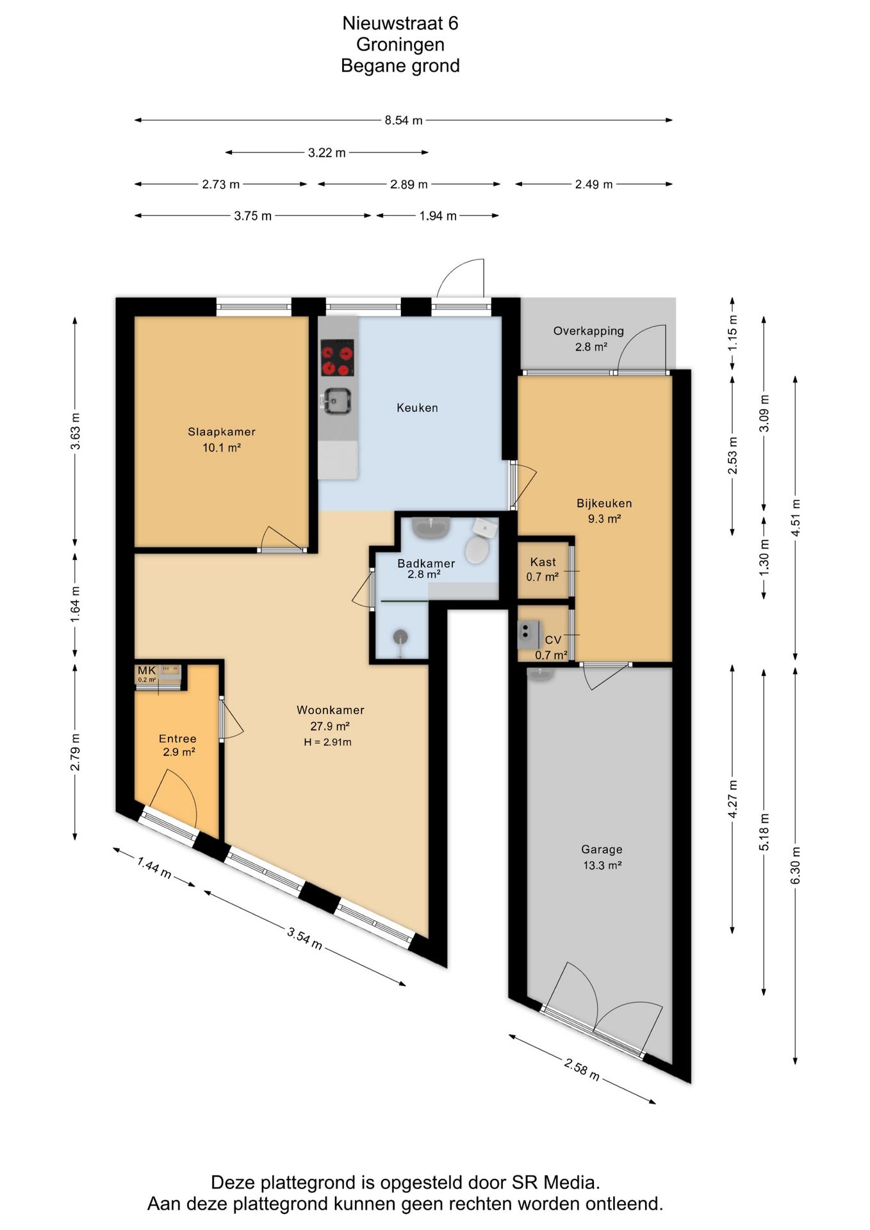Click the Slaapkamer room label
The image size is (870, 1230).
(x=222, y=432)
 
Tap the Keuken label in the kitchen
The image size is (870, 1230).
(x=417, y=407)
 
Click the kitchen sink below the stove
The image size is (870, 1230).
(x=337, y=401)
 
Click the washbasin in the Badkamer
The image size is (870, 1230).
(x=431, y=528)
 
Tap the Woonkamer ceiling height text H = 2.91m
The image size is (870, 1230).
(x=328, y=742)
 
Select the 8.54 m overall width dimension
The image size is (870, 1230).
(x=404, y=120)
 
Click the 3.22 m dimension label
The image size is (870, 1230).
(x=327, y=152)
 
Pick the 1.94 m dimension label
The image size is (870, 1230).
(x=438, y=216)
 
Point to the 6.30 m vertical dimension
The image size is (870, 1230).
(x=796, y=865)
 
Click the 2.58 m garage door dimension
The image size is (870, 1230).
(x=582, y=1069)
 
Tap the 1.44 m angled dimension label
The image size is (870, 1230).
(x=154, y=868)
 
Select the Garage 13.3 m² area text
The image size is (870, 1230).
(x=602, y=865)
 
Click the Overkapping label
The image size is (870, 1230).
(x=589, y=331)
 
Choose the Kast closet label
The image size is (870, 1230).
(x=543, y=562)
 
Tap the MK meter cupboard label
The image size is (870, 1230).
(x=147, y=671)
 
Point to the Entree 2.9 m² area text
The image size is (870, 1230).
(x=179, y=752)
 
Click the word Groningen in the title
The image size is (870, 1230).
(x=400, y=45)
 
